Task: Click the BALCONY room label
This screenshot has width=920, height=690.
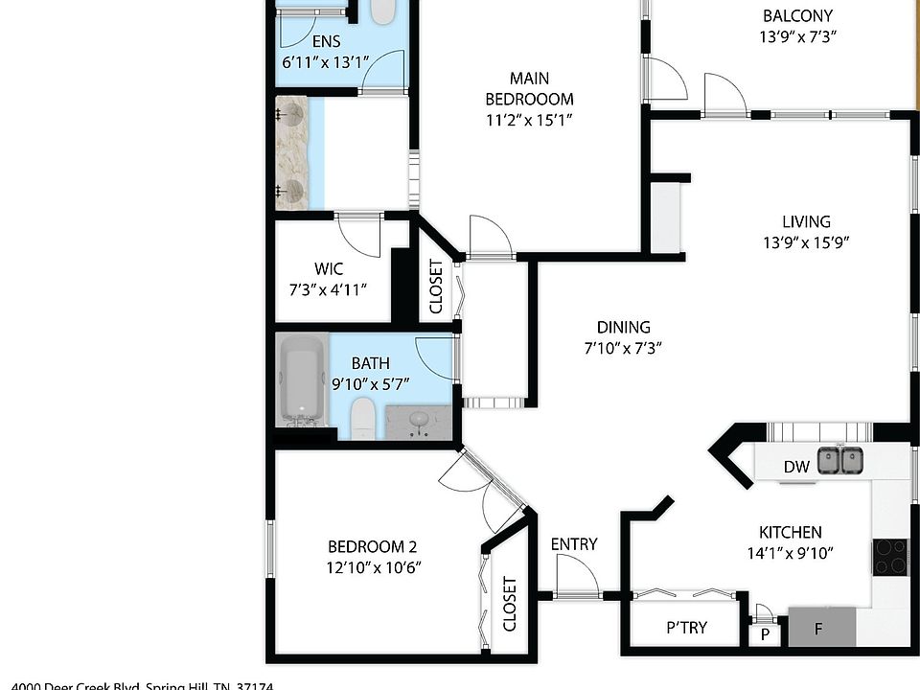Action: point(797,16)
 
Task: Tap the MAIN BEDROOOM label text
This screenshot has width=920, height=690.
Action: point(529,88)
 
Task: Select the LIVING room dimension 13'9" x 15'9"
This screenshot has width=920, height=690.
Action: point(805,242)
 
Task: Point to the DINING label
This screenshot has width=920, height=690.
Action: point(623,327)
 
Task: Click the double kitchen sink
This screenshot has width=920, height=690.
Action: point(840,462)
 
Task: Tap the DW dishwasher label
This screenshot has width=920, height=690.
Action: point(797,468)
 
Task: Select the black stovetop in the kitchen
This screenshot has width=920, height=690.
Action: point(889,557)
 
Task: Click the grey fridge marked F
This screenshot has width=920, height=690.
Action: point(821,629)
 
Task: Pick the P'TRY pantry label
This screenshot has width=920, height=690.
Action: point(686,628)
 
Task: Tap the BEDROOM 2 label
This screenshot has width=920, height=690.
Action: point(373,546)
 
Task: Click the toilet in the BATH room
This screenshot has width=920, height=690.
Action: point(362,419)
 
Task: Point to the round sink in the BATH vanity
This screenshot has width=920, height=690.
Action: point(419,420)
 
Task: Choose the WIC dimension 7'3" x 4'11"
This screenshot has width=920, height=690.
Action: point(329,289)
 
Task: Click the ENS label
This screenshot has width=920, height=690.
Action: point(326,41)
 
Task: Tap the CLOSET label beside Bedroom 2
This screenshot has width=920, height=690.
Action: point(510,604)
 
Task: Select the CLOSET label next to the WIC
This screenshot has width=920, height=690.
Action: point(436,287)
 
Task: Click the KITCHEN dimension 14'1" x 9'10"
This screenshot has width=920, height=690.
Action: point(790,552)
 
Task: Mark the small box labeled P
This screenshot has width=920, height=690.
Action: point(765,634)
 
